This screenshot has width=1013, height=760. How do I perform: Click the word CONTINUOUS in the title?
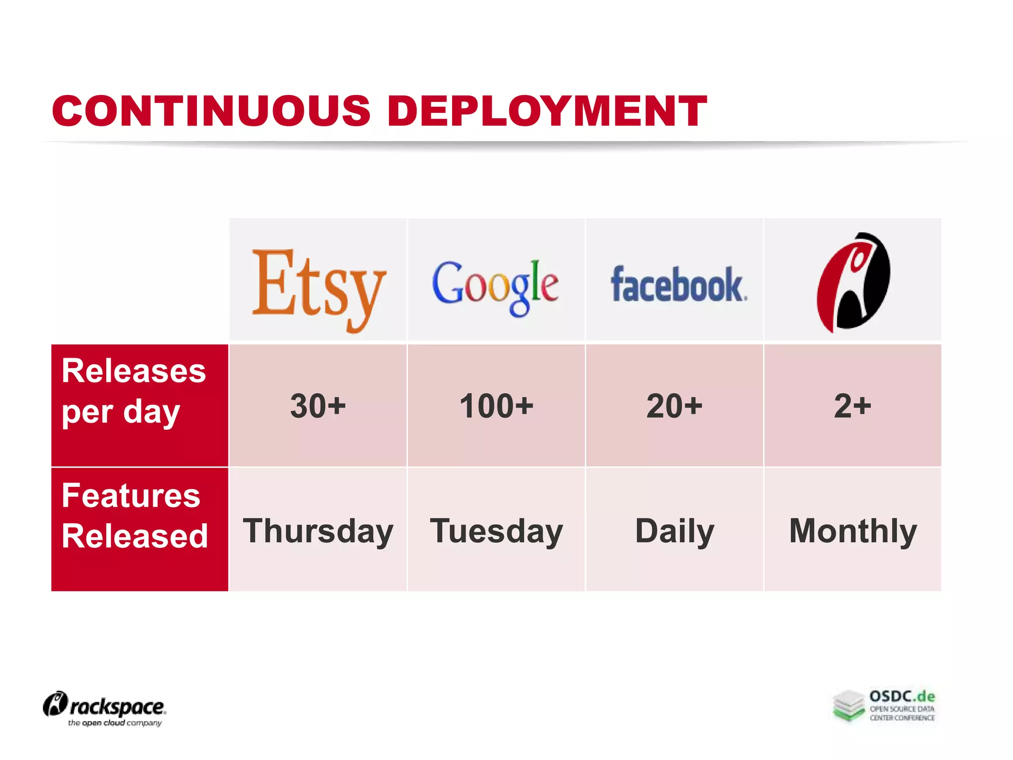coord(211,111)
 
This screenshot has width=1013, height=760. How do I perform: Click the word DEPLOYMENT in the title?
coord(547,111)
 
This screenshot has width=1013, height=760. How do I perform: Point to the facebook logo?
coord(678,285)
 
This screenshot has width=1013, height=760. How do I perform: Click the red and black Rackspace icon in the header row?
coord(853,282)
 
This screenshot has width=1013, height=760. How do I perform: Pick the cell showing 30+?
coord(318,406)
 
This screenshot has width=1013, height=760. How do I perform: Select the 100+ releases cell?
coord(496,406)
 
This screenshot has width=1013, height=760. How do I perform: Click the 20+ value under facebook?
coord(674,406)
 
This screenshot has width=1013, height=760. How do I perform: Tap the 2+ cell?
coord(852,406)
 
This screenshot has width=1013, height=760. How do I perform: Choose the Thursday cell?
coord(318,531)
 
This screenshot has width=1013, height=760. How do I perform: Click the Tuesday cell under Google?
coord(496,531)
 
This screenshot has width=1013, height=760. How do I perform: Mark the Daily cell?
coord(674,531)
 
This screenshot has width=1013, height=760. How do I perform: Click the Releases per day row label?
coord(134,391)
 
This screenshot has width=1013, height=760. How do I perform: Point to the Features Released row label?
coord(135,516)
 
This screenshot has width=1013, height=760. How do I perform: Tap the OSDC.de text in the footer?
coord(902,697)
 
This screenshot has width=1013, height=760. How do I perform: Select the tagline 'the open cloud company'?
coord(115,723)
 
